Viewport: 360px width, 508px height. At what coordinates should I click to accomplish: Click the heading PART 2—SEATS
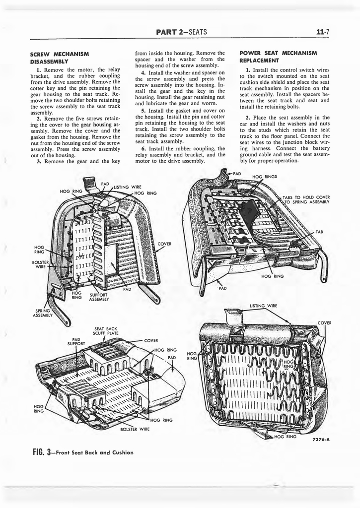click(x=181, y=32)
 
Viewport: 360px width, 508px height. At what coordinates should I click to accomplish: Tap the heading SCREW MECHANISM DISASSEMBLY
click(x=60, y=58)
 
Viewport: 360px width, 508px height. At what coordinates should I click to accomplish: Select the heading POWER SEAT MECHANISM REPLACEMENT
click(x=278, y=57)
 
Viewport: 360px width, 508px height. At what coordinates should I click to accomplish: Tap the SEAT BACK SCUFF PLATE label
click(x=106, y=331)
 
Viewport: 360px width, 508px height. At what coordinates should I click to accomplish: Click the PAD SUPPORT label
click(x=76, y=341)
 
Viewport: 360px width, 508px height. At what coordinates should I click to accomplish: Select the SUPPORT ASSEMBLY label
click(x=99, y=297)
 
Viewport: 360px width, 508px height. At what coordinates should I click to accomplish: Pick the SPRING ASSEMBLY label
click(x=43, y=313)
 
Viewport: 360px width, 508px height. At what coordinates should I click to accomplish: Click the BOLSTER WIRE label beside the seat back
click(x=41, y=264)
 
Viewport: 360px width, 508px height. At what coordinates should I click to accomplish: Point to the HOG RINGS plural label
click(x=265, y=177)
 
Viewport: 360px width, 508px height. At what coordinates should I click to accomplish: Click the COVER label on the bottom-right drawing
click(x=324, y=322)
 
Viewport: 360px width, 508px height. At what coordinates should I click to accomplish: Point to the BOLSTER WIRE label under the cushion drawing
click(x=135, y=429)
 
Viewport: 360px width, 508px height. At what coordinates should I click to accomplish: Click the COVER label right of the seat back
click(x=164, y=244)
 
